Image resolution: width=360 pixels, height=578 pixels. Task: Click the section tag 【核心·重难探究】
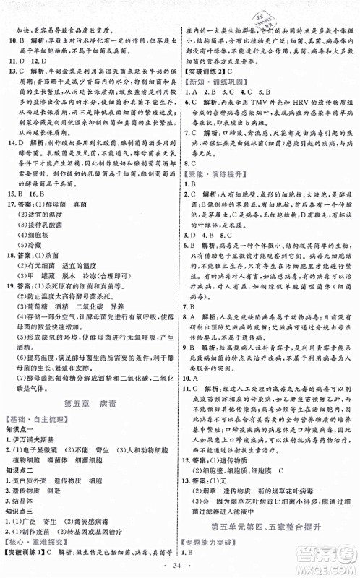33,536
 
